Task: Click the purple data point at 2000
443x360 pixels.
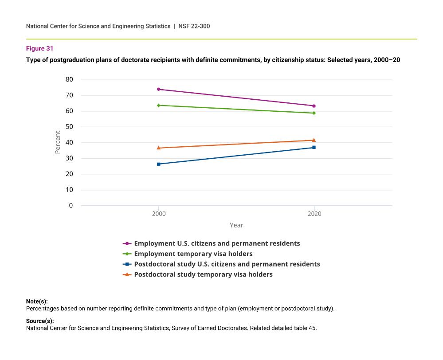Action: point(159,89)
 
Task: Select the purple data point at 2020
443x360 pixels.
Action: point(314,106)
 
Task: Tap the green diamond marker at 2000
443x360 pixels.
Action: point(159,105)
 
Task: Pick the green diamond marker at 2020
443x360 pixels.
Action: point(314,113)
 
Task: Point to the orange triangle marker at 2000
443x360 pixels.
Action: point(159,148)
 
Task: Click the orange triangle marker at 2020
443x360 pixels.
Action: point(314,140)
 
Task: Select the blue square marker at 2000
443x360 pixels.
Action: point(159,164)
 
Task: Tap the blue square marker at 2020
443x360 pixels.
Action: point(314,147)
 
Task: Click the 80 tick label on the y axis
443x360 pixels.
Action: point(70,79)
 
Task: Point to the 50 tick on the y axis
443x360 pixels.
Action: point(70,127)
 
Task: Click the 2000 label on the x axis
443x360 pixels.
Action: point(159,214)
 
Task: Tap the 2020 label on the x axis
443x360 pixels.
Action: point(314,214)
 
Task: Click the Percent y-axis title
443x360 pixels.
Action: point(58,142)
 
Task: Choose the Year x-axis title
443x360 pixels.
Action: point(236,225)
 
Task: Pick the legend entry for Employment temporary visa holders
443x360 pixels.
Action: point(193,254)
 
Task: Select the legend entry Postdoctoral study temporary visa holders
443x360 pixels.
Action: point(203,274)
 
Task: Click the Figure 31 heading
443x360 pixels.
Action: point(39,48)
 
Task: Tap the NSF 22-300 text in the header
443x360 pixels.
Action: point(194,26)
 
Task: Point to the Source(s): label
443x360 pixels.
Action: point(40,321)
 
